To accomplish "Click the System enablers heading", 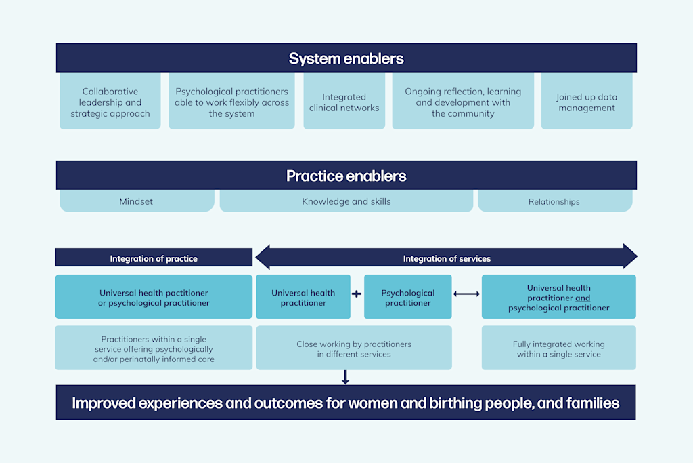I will (346, 58).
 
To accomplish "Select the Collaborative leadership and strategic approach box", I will (110, 102).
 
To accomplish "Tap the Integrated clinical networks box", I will (344, 102).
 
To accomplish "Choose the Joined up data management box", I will (587, 102).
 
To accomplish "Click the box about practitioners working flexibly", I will (231, 102).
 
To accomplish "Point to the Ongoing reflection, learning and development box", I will (463, 102).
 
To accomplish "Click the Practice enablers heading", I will (346, 176).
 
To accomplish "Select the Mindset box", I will (136, 201).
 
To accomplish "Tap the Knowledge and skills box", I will (346, 201).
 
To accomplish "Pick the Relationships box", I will (554, 201).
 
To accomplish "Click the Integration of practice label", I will (154, 258).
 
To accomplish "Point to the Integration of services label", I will (447, 258).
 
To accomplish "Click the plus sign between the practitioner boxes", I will (357, 294).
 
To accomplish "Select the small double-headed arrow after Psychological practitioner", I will (466, 294).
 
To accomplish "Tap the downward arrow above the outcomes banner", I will (345, 377).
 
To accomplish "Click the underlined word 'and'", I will (583, 298).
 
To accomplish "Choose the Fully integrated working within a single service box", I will (558, 349).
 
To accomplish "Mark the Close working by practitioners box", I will (354, 349).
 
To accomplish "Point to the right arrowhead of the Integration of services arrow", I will (629, 257).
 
